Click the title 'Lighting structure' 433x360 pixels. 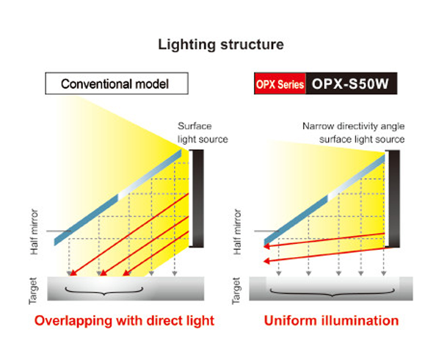[221, 45]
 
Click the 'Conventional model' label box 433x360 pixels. [117, 83]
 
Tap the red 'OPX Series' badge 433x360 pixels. [280, 84]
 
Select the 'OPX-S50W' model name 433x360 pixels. [350, 84]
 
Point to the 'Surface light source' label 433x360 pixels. [203, 133]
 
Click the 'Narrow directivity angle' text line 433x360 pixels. [354, 126]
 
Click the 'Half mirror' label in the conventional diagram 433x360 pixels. [34, 231]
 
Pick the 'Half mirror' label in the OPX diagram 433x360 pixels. [237, 231]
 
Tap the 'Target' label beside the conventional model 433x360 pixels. [33, 291]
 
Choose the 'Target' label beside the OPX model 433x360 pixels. [236, 291]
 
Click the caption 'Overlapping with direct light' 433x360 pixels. [124, 321]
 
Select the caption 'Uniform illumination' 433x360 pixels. [332, 321]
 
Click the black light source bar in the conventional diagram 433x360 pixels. [197, 198]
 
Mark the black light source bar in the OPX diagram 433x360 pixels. [393, 199]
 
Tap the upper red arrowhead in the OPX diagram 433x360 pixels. [266, 246]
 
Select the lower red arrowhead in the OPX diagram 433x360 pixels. [266, 261]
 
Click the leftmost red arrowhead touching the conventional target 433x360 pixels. [73, 273]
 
